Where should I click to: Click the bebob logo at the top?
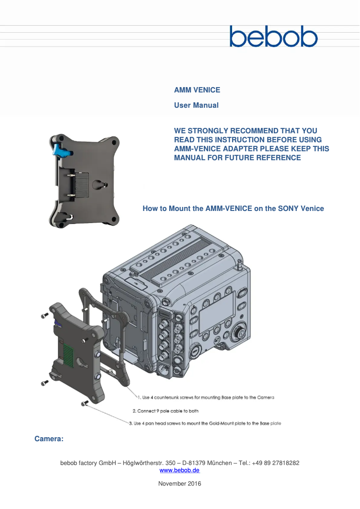point(273,36)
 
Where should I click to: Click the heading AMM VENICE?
point(197,90)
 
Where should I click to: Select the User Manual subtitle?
point(196,105)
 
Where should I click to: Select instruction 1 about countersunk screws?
point(206,398)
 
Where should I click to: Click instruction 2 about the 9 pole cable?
point(165,411)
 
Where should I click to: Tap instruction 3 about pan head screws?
point(205,423)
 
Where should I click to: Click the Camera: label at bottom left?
point(49,439)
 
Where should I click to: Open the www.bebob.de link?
point(180,470)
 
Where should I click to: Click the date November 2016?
point(180,483)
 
